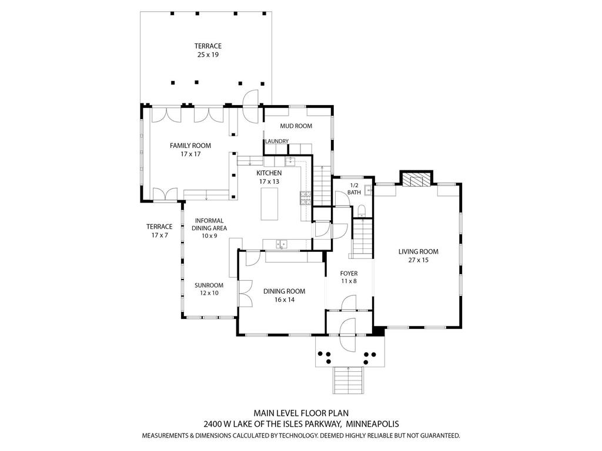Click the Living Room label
tap(419, 251)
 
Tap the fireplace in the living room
tap(416, 180)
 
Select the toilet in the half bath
tap(362, 210)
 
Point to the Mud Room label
tap(296, 126)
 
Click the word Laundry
tap(276, 141)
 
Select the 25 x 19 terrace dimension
tap(208, 55)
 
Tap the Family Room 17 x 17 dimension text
tap(190, 154)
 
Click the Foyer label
tap(349, 273)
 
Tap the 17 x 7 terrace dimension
tap(159, 235)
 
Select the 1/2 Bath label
tap(354, 189)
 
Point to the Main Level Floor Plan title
tap(301, 413)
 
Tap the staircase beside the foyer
tap(363, 237)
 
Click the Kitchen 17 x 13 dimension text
tap(269, 182)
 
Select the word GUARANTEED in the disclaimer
tap(435, 436)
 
